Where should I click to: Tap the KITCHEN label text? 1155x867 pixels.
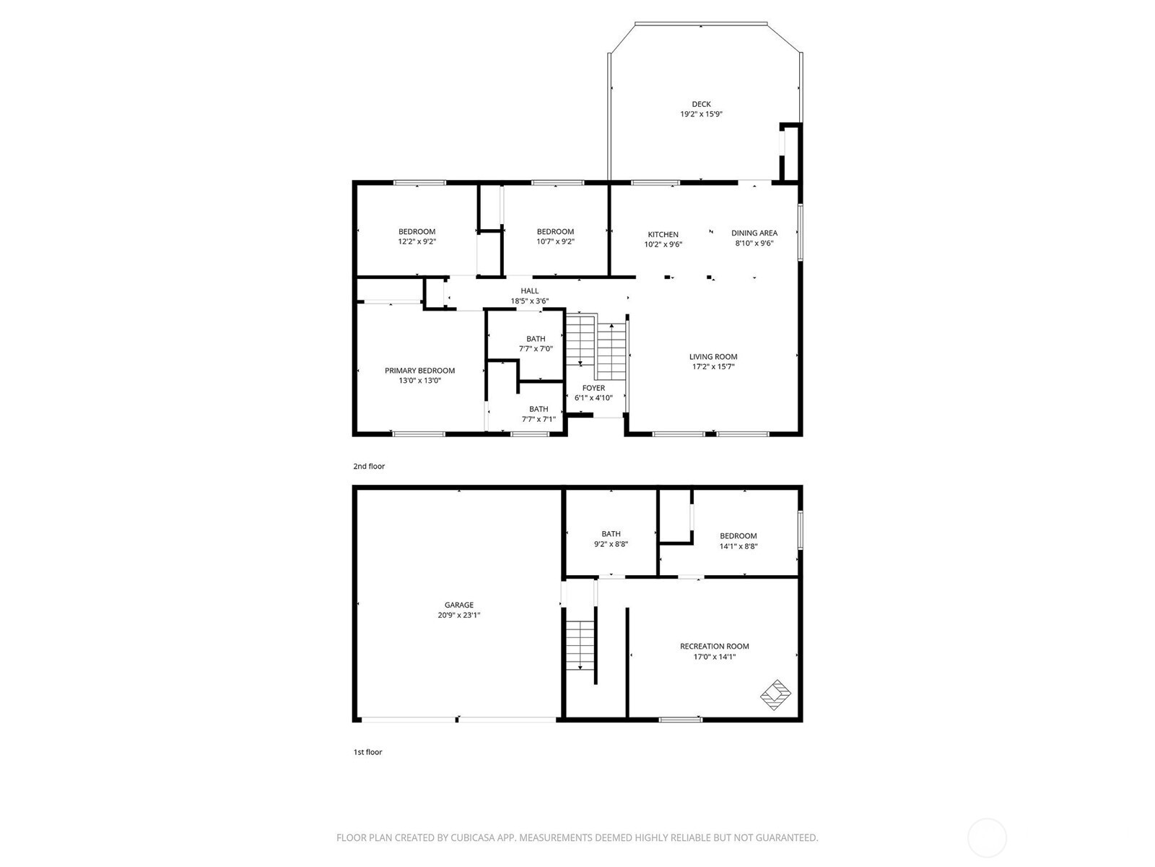click(x=663, y=235)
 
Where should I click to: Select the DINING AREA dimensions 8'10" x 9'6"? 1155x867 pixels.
click(x=754, y=244)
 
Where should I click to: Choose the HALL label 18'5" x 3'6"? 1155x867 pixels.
click(x=530, y=296)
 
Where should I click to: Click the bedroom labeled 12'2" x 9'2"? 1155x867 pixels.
click(x=417, y=237)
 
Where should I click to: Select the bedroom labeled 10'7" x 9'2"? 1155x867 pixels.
click(x=555, y=237)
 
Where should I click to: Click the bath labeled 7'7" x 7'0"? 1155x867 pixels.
click(x=536, y=343)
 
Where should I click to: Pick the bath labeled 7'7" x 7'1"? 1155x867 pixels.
click(x=539, y=414)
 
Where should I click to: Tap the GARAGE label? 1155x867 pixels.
click(x=458, y=611)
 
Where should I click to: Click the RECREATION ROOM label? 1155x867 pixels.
click(x=715, y=651)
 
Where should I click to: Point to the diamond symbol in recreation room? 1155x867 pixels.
click(x=776, y=694)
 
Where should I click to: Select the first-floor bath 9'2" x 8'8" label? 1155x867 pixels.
click(x=611, y=539)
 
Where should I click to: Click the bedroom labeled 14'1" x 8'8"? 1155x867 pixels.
click(x=738, y=541)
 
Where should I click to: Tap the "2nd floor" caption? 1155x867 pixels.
click(x=369, y=467)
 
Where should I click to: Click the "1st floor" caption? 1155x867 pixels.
click(x=367, y=752)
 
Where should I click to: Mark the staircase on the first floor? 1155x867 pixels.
click(x=580, y=644)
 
